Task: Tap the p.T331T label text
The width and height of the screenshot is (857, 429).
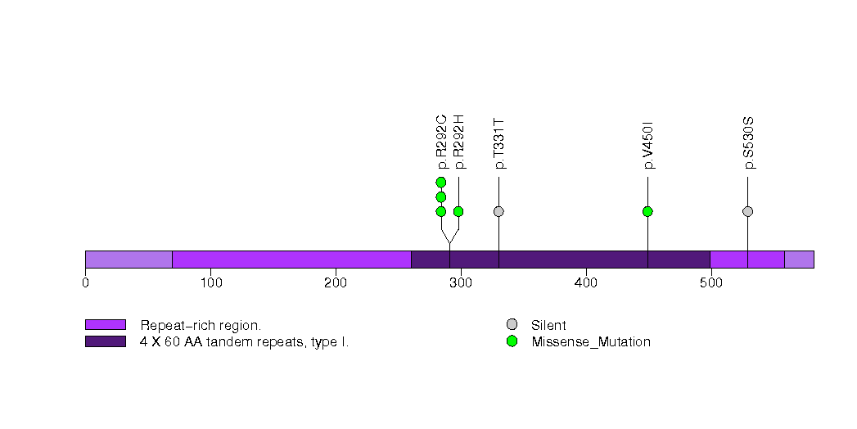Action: pos(498,143)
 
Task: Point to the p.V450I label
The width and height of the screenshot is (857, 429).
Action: pos(647,145)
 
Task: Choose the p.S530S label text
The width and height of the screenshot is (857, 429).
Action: pos(747,143)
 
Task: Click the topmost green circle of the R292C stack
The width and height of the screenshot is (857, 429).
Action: pos(441,182)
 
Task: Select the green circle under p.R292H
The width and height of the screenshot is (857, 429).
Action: pos(458,211)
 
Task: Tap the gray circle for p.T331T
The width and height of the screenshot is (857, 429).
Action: pos(498,211)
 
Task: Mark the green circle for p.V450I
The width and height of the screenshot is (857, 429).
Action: pos(647,211)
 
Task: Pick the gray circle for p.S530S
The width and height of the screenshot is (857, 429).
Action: pos(747,211)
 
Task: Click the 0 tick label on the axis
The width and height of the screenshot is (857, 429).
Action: pos(85,283)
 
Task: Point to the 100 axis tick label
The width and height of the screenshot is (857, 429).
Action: pos(210,283)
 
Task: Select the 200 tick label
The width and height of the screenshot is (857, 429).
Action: pos(336,283)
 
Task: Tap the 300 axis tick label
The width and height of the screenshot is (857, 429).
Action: pos(461,283)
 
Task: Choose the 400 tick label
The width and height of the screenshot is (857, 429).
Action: pos(586,283)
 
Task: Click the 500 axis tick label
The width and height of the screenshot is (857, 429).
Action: pos(710,283)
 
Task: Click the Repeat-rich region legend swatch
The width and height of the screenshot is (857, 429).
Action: pos(105,325)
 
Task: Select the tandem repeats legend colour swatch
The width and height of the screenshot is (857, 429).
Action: pos(105,341)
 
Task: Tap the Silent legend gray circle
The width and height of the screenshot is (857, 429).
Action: pos(512,325)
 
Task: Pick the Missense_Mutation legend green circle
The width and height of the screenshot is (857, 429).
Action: pos(512,341)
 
